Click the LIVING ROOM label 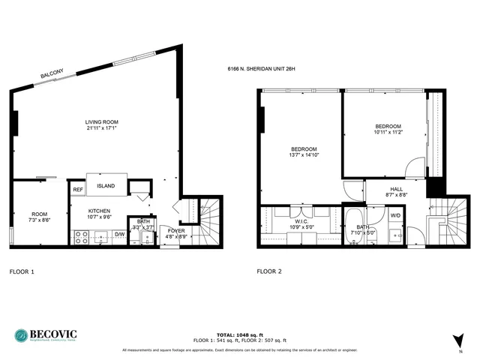[101, 122]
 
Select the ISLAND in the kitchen [106, 186]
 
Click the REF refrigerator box [78, 190]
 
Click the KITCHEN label [101, 211]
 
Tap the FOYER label [175, 231]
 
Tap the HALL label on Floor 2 [397, 190]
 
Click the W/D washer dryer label [395, 216]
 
